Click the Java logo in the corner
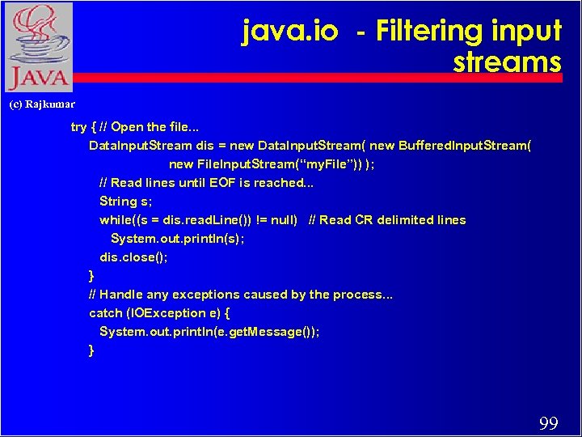tap(37, 47)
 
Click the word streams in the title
tap(507, 62)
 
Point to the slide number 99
tap(548, 423)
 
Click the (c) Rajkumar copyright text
tap(41, 104)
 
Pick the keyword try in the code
tap(78, 127)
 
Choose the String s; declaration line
tap(125, 202)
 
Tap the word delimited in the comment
tap(407, 220)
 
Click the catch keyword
tap(106, 313)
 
